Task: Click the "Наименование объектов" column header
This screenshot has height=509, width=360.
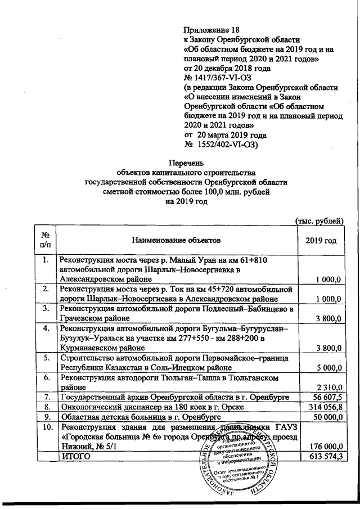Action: click(x=176, y=240)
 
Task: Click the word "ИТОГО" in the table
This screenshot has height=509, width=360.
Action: click(x=75, y=458)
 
